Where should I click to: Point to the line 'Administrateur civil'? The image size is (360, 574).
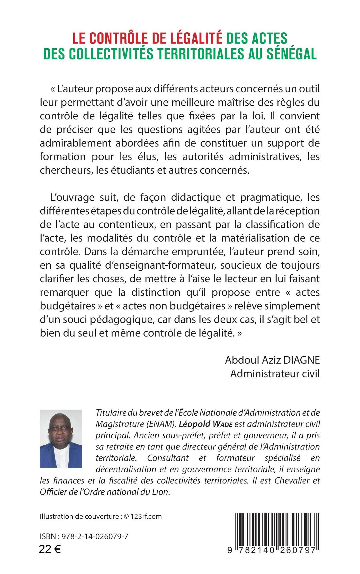click(x=275, y=374)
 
